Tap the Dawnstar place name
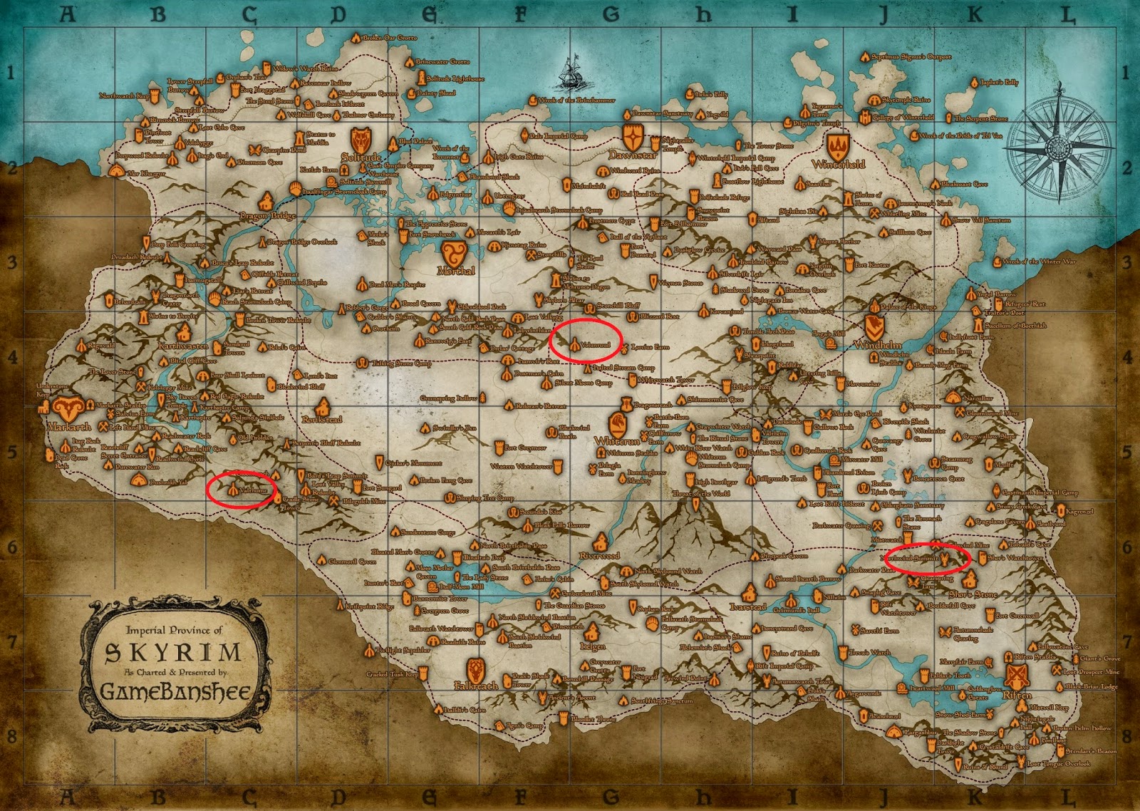coord(633,155)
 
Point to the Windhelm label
coord(878,345)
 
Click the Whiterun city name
coord(617,441)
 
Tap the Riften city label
coord(1017,695)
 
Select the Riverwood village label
coord(599,555)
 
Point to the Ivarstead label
coord(747,606)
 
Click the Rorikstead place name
coord(322,420)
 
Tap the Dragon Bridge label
coord(267,215)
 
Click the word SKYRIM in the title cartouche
coord(173,652)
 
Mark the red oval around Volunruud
coord(586,341)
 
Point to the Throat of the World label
coord(701,493)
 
